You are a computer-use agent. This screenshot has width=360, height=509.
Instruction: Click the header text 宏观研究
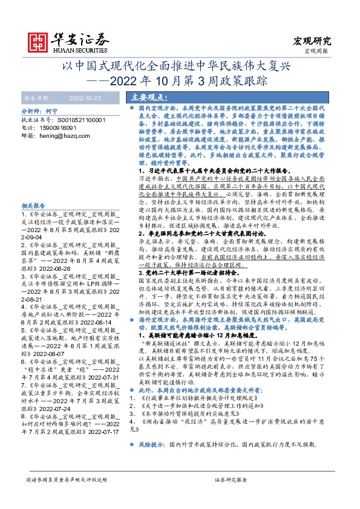click(312, 41)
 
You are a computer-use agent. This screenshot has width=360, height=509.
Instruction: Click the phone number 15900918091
click(55, 128)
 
